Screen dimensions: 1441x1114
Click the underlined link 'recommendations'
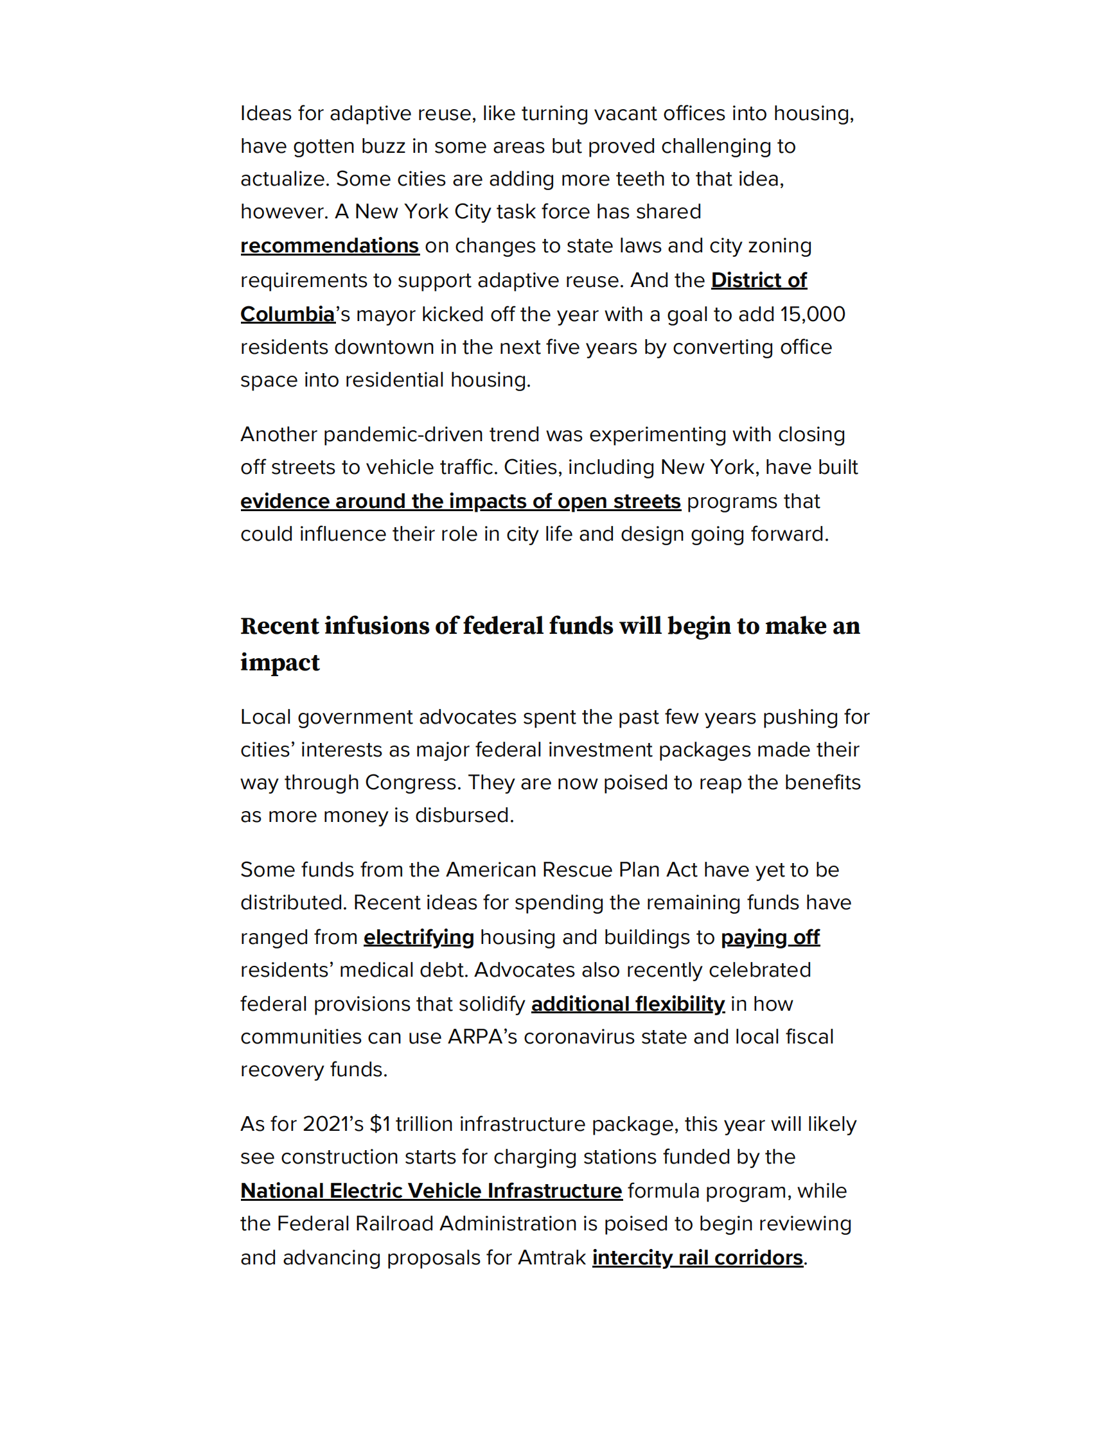(330, 245)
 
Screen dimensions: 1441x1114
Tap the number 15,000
(812, 314)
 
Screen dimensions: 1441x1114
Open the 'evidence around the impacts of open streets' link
(460, 502)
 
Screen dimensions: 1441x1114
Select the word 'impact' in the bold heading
(280, 663)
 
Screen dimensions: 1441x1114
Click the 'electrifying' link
(418, 937)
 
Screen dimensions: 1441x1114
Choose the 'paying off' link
(770, 937)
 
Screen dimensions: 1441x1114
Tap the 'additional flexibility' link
(628, 1004)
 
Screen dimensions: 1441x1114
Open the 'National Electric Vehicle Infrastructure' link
(431, 1191)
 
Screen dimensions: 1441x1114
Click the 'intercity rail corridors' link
(697, 1257)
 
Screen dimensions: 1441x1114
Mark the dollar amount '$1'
(380, 1124)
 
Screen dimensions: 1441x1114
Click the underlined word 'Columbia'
(288, 314)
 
